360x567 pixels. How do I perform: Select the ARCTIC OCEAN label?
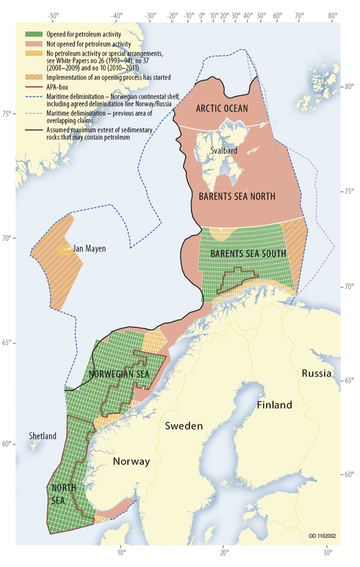[222, 109]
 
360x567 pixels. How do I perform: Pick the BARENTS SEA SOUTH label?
[248, 254]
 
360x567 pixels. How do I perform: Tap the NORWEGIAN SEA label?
[119, 374]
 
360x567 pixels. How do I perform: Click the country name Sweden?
[184, 426]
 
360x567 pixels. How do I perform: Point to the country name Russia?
[316, 373]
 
